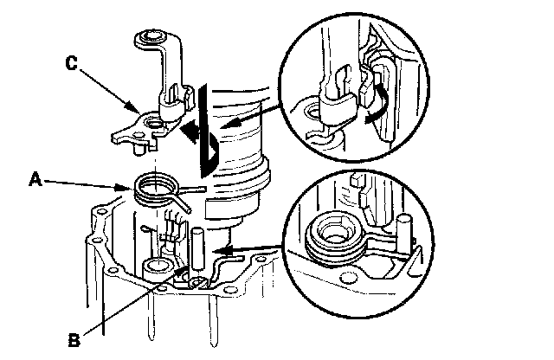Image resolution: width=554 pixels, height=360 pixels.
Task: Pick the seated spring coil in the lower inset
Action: click(x=335, y=235)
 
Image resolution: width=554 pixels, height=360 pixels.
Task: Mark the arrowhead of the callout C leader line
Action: click(x=138, y=111)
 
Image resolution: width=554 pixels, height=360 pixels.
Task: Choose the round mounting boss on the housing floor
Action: click(x=157, y=266)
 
